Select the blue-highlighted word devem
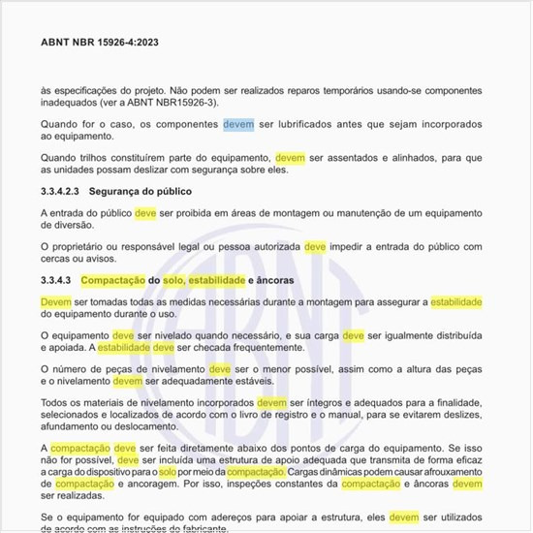click(238, 125)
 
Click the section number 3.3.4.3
click(60, 280)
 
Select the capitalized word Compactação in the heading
click(113, 280)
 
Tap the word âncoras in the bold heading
click(273, 280)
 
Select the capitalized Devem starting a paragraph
click(55, 302)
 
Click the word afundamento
click(79, 424)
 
